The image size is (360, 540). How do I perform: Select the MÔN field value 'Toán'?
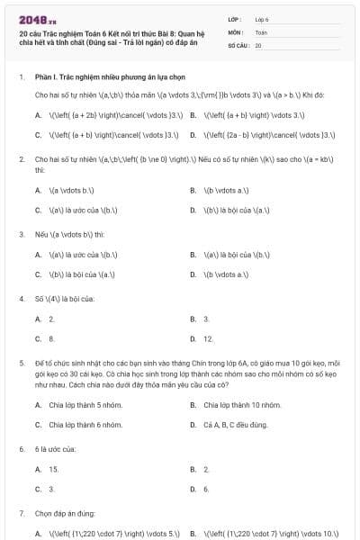pyautogui.click(x=261, y=31)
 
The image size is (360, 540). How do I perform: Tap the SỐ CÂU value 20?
pyautogui.click(x=258, y=44)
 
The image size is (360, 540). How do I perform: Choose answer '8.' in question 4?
pyautogui.click(x=51, y=339)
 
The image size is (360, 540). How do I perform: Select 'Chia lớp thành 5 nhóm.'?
pyautogui.click(x=85, y=405)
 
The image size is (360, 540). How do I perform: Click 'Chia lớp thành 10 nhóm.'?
pyautogui.click(x=242, y=405)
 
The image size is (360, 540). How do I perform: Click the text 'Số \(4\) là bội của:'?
pyautogui.click(x=64, y=298)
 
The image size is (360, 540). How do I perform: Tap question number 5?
pyautogui.click(x=21, y=363)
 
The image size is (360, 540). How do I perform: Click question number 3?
pyautogui.click(x=21, y=233)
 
